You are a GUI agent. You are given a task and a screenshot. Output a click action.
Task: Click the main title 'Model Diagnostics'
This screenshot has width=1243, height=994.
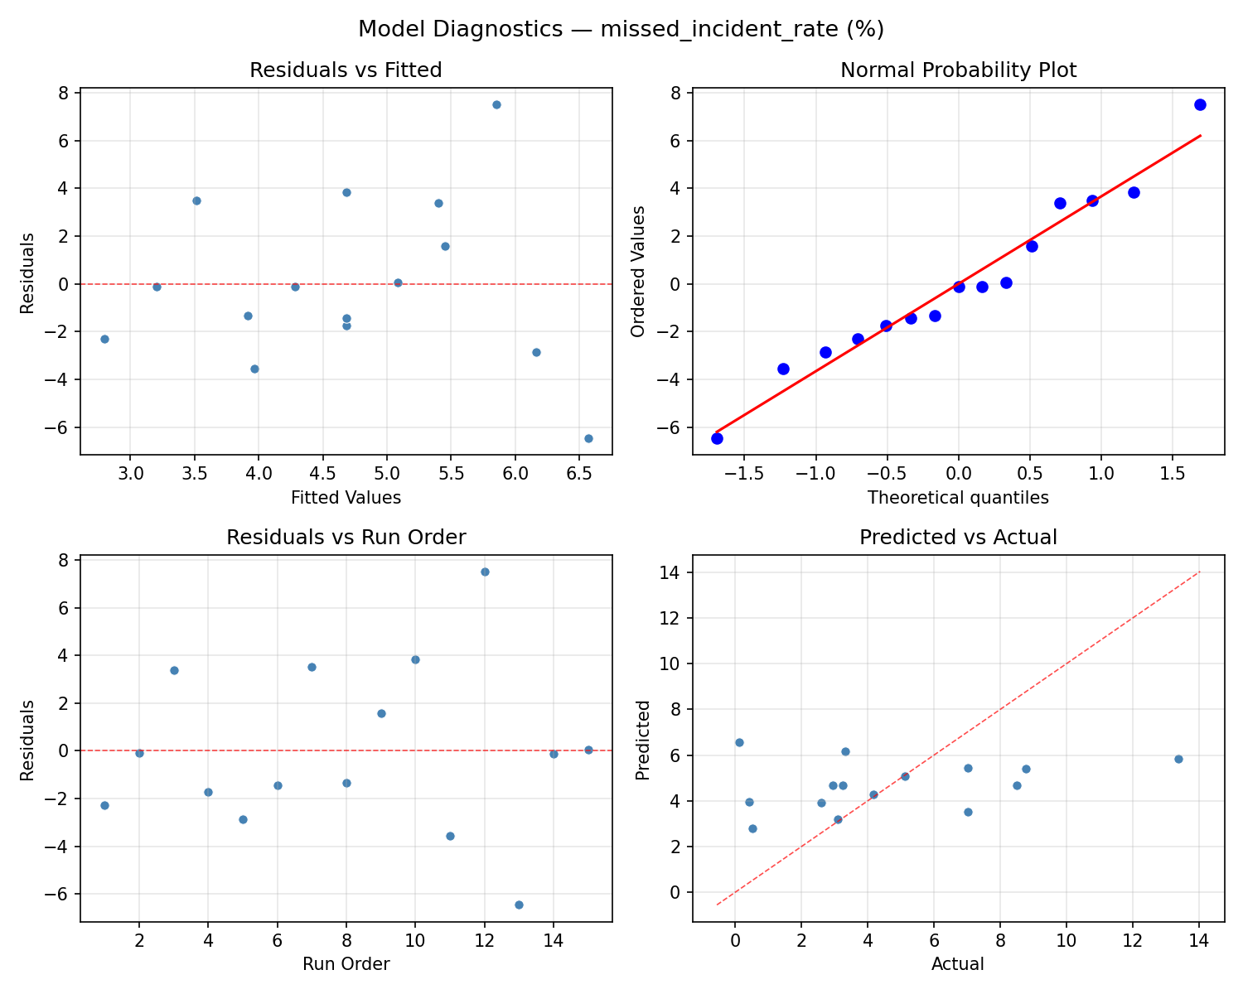(621, 29)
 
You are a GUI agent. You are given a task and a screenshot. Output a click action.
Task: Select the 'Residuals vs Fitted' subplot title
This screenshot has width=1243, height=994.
(346, 70)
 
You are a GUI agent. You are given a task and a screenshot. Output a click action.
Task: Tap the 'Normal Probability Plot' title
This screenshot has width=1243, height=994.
(958, 70)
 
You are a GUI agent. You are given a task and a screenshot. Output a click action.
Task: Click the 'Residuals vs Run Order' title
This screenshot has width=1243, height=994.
(346, 538)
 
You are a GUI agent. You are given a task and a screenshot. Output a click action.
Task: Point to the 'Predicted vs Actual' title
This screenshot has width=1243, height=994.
(958, 538)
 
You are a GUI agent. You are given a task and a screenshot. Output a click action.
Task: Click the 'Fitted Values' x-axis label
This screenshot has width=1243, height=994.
(346, 498)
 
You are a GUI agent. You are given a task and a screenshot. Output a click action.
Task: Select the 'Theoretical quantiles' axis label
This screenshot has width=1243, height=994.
(958, 498)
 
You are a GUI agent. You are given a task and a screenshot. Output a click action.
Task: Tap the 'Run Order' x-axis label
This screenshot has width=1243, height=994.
(346, 964)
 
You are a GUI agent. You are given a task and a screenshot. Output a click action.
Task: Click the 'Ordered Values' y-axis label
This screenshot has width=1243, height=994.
(637, 272)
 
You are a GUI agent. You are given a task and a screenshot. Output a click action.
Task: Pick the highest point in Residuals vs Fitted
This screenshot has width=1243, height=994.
(496, 104)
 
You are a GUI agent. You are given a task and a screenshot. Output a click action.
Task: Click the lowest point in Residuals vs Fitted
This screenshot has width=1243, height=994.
(588, 438)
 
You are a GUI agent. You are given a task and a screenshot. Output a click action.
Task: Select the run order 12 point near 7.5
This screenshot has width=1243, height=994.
(485, 572)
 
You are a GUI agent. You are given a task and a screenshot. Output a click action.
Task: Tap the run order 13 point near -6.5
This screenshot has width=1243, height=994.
(519, 905)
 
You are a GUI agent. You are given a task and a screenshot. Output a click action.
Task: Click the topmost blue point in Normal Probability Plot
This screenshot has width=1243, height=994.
(1200, 104)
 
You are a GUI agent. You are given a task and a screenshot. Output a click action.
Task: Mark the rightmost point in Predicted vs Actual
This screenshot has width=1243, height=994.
(1178, 759)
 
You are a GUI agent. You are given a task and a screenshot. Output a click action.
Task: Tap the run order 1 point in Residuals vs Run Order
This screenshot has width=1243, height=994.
(104, 805)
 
